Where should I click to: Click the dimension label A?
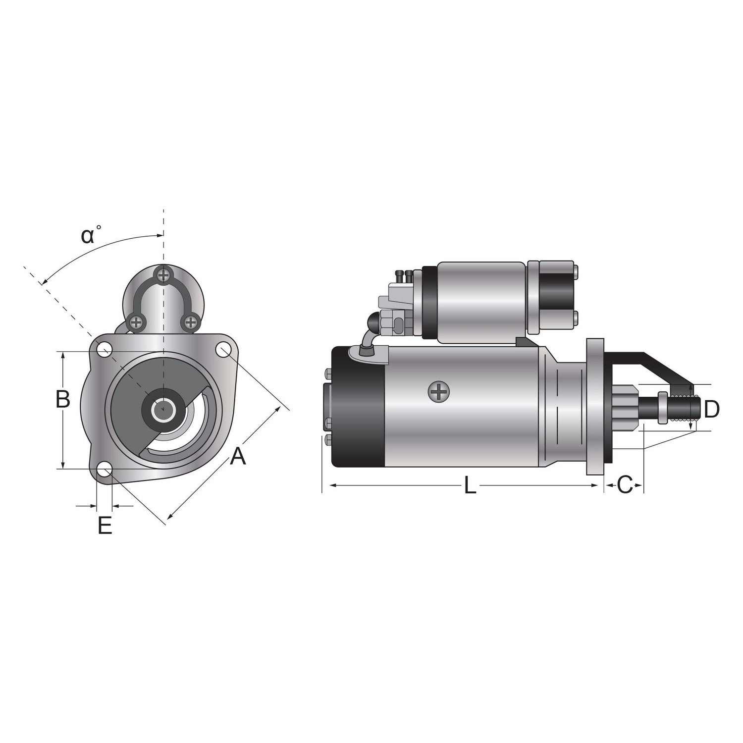point(238,456)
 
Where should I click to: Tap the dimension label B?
point(62,399)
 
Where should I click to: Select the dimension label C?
point(625,485)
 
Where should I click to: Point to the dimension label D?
point(711,409)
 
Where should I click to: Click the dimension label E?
point(105,526)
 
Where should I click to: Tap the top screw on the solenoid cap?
point(163,274)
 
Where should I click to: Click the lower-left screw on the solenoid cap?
point(136,322)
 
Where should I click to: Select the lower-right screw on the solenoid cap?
point(190,322)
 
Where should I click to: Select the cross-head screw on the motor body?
point(438,392)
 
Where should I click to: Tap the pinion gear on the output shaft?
point(627,408)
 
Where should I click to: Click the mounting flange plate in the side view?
point(595,406)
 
